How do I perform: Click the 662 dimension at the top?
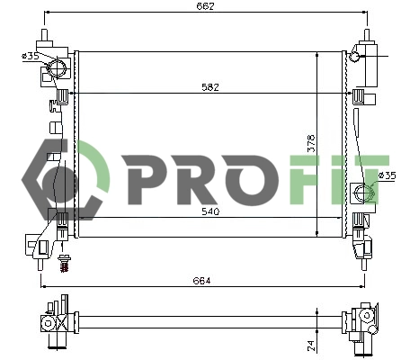pos(207,7)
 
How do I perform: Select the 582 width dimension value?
pos(210,87)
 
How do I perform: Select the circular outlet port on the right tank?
pos(361,191)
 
